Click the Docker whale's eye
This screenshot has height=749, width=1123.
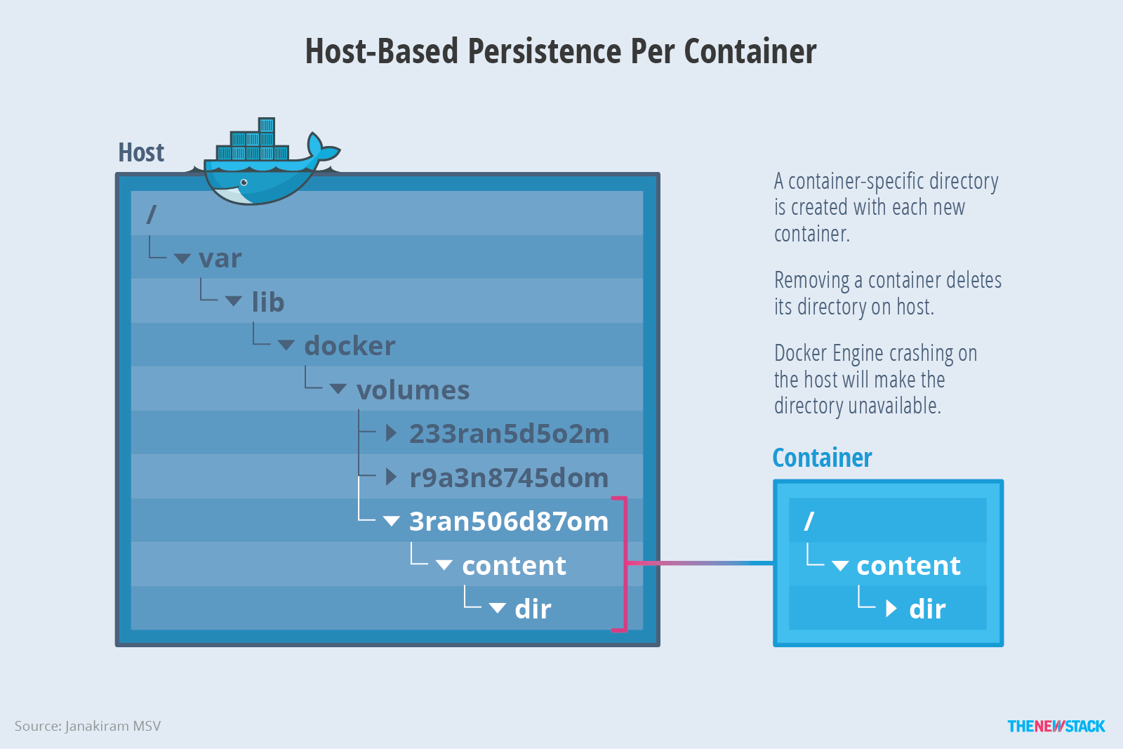(x=244, y=183)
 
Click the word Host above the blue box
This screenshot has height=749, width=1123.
(x=141, y=152)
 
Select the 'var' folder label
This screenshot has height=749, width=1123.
(x=220, y=259)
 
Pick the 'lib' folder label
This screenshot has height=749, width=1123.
(x=268, y=303)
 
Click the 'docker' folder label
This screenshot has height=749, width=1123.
(x=350, y=346)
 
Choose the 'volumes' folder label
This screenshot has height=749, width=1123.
(x=413, y=390)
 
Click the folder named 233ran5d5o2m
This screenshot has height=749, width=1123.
(x=509, y=434)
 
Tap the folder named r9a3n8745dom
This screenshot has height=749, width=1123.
(x=509, y=478)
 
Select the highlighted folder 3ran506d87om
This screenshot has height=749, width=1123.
(x=509, y=522)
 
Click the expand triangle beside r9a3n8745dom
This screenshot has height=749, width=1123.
(x=392, y=478)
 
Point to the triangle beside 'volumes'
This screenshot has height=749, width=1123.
(x=338, y=390)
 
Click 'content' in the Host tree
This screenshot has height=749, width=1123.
(x=514, y=566)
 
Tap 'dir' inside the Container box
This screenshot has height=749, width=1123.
(x=927, y=609)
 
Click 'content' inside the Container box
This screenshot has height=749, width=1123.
(x=908, y=566)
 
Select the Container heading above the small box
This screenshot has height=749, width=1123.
(x=822, y=458)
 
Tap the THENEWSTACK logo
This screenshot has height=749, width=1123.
(x=1056, y=726)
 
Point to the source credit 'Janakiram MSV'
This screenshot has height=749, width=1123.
(x=113, y=726)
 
